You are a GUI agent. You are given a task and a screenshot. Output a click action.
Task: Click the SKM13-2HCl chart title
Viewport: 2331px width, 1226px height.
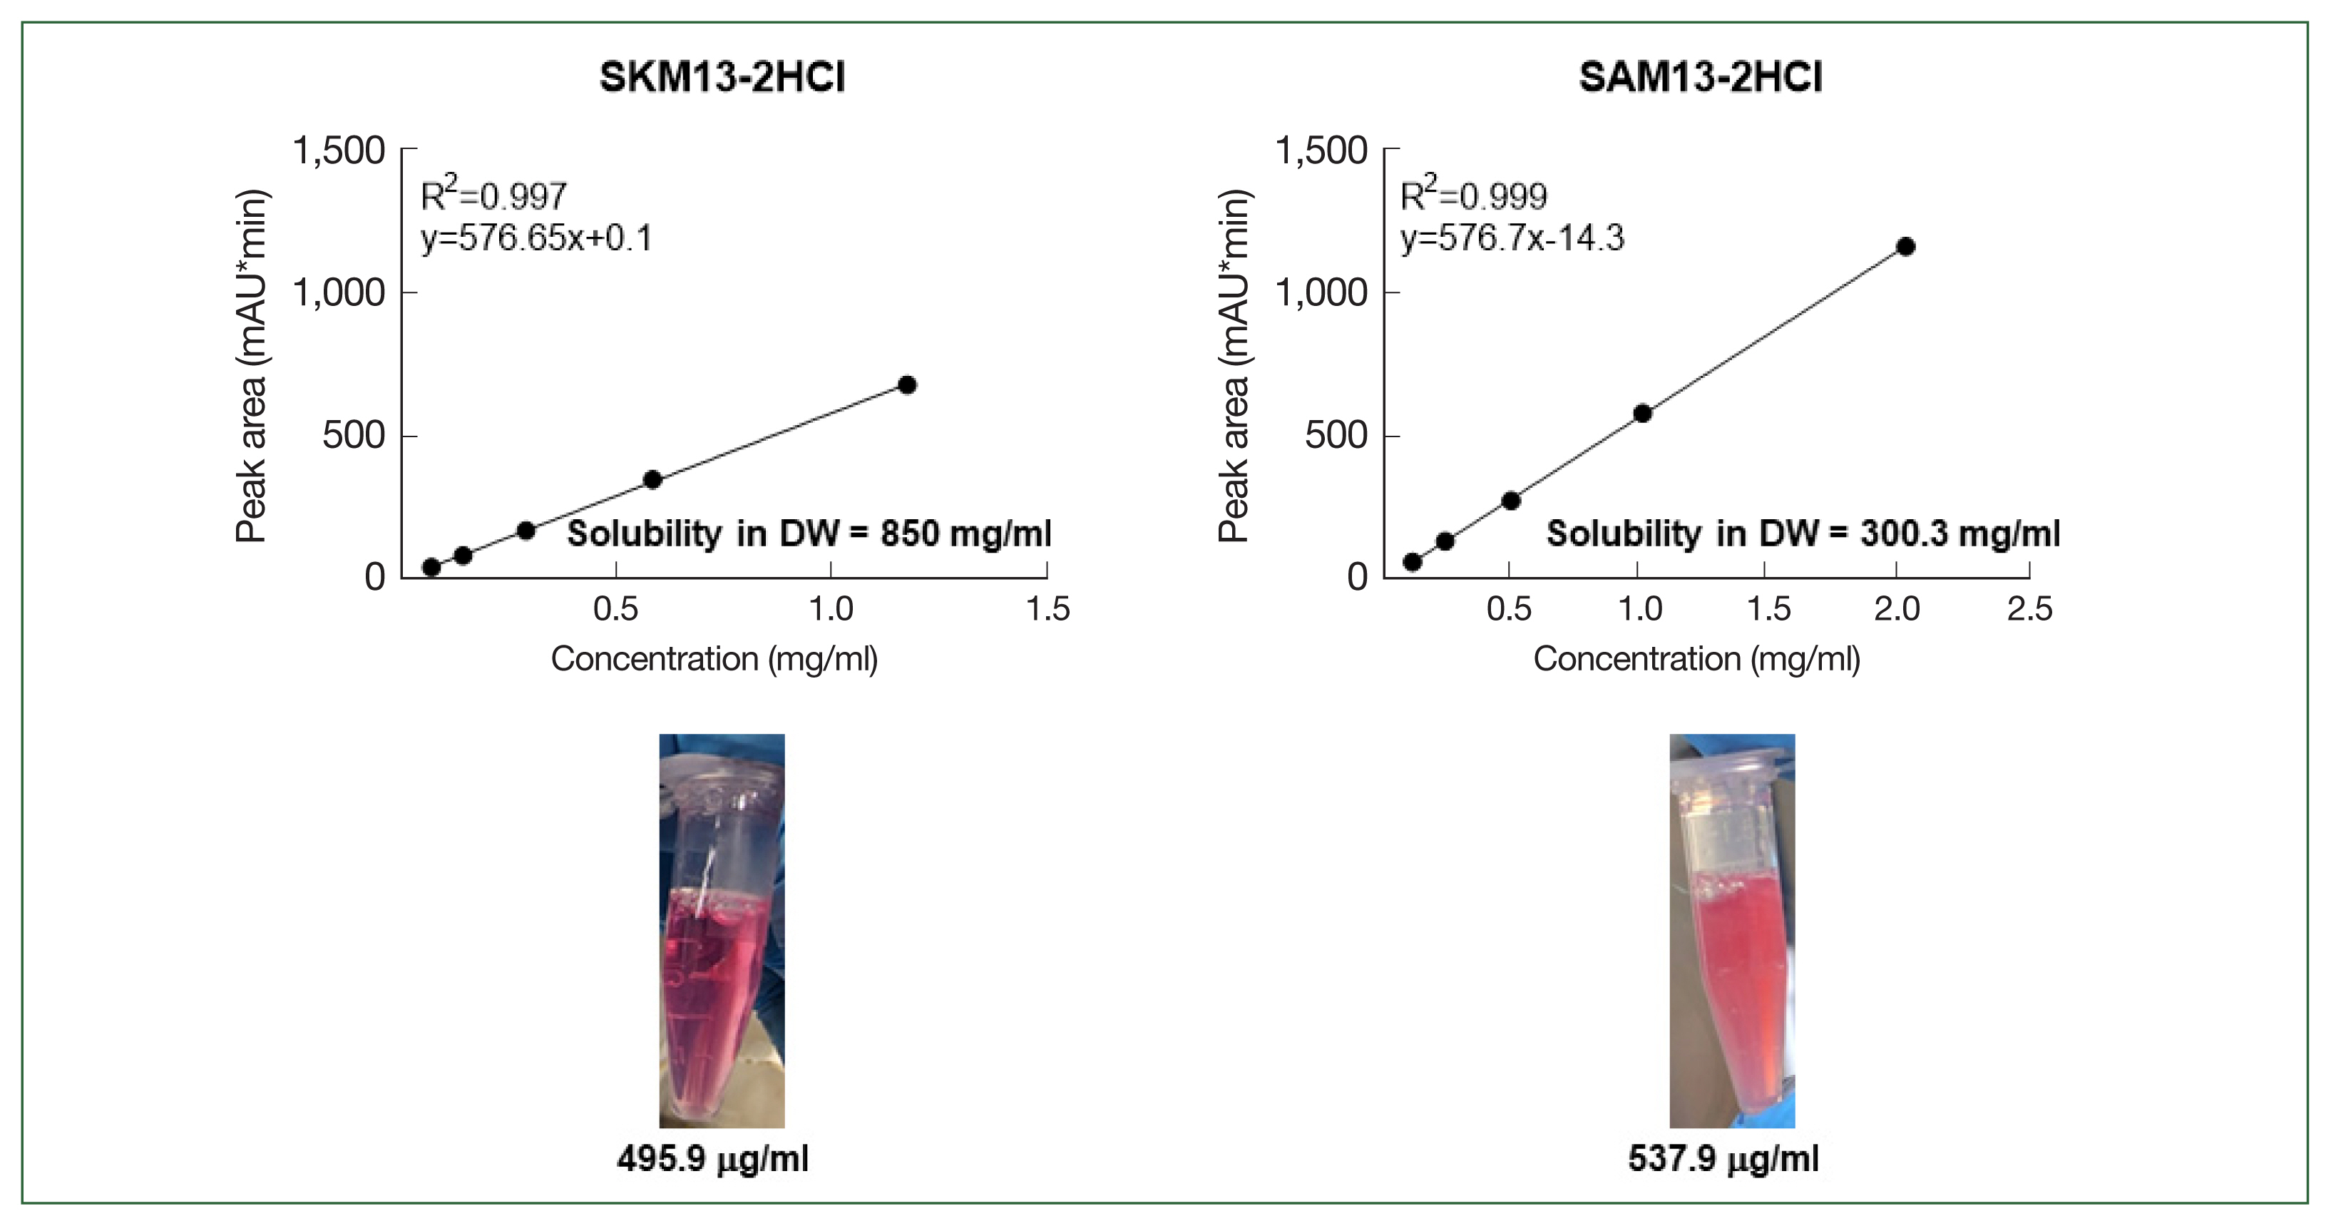(x=722, y=77)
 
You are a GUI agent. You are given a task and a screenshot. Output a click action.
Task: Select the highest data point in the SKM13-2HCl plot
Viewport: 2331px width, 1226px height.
(x=907, y=385)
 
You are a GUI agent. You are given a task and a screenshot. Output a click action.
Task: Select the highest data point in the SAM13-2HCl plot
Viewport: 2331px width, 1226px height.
(x=1906, y=247)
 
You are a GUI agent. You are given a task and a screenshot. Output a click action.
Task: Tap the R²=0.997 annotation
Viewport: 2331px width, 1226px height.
(x=494, y=195)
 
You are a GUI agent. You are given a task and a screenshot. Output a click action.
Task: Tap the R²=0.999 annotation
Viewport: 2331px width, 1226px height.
(x=1473, y=195)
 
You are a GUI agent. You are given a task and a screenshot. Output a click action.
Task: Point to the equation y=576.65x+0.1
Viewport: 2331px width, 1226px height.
(x=536, y=238)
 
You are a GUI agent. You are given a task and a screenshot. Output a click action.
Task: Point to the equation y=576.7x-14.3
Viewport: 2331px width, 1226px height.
(x=1512, y=238)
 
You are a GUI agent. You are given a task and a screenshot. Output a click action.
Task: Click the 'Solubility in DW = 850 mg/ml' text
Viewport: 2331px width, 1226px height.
(x=809, y=533)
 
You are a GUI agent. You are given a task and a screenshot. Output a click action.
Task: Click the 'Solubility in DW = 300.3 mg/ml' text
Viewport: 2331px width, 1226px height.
(x=1803, y=533)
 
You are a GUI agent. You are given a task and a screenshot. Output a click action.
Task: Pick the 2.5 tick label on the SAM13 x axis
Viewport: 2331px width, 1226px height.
(x=2029, y=609)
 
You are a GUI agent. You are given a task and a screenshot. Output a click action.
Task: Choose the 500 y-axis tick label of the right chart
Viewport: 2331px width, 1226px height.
(x=1336, y=435)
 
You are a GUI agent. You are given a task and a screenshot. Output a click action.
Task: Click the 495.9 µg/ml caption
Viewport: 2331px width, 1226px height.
(x=712, y=1159)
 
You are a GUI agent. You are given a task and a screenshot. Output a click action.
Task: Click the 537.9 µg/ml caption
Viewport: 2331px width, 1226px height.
(x=1723, y=1159)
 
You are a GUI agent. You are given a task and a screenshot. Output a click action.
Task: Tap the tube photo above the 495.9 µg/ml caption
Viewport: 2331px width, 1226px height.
(x=721, y=930)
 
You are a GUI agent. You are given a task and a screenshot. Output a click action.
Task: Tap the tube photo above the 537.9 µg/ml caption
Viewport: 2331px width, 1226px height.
(x=1732, y=930)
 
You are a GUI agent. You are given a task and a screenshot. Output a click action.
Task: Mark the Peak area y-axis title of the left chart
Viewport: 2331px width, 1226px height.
(x=251, y=366)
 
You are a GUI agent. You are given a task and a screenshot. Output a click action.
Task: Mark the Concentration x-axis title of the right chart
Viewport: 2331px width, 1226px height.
(x=1696, y=659)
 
